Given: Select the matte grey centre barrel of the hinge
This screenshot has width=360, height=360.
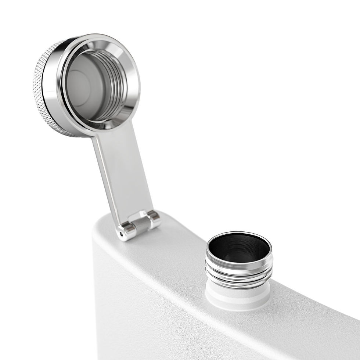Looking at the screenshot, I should [x=142, y=224].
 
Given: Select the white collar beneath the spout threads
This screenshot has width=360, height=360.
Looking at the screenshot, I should [x=235, y=296].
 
